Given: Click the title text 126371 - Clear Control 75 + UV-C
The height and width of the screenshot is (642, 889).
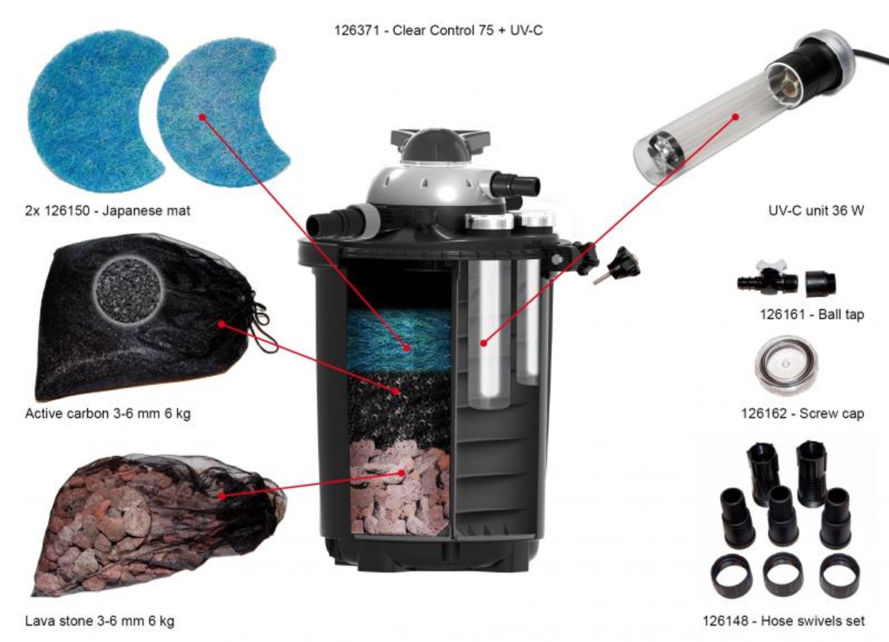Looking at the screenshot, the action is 439,30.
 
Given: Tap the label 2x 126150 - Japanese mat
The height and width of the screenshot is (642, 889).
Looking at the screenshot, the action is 108,210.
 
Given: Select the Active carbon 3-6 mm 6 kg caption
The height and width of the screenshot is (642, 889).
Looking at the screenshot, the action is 108,413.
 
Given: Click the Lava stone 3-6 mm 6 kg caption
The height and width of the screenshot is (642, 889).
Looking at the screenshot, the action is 99,621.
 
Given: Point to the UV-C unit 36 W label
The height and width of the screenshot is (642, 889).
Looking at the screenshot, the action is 816,210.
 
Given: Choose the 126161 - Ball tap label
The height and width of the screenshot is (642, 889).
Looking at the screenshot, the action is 812,314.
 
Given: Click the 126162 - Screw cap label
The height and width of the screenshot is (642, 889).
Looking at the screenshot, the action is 803,413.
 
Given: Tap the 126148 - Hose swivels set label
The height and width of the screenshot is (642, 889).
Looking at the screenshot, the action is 784,621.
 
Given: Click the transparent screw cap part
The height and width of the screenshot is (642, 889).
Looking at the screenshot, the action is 786,366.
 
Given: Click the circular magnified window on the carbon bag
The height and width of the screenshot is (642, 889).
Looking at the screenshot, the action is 129,291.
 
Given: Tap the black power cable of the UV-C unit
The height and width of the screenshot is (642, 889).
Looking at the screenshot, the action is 870,57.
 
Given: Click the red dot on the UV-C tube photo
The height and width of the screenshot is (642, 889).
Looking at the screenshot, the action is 736,117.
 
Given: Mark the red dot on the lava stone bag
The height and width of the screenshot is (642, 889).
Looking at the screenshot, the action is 222,496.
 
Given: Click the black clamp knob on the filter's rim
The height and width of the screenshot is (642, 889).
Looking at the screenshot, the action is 626,263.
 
